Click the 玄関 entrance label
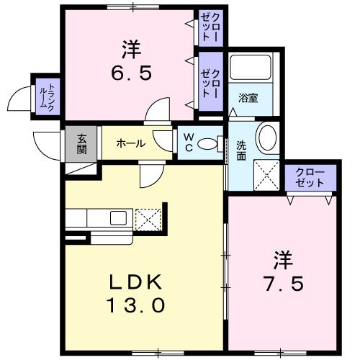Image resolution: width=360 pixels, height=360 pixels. point(81,145)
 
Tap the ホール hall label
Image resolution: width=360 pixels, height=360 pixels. point(131,143)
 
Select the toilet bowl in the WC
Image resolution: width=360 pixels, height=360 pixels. point(207,144)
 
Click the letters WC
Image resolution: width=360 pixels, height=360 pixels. point(189,143)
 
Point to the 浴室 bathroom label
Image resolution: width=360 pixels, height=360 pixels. point(248,98)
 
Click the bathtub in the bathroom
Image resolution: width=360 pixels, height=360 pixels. point(251,68)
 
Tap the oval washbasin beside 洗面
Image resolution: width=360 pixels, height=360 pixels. point(267,138)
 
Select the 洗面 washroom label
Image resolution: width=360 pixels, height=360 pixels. point(241,150)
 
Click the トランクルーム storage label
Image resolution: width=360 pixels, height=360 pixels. point(48,96)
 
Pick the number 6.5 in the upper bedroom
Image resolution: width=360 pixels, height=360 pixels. point(132,73)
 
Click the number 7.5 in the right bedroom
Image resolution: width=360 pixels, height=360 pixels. point(284,284)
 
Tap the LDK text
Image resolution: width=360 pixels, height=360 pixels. point(135,282)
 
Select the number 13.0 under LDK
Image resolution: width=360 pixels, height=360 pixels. point(136,305)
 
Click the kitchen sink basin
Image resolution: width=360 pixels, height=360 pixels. point(118,218)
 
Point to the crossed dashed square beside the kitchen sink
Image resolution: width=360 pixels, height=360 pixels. point(148,220)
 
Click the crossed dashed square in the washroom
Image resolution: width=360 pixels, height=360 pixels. point(267,175)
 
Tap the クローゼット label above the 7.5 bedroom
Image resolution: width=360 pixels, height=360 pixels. point(310,178)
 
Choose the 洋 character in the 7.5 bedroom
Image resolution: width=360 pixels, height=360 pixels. point(284,260)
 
